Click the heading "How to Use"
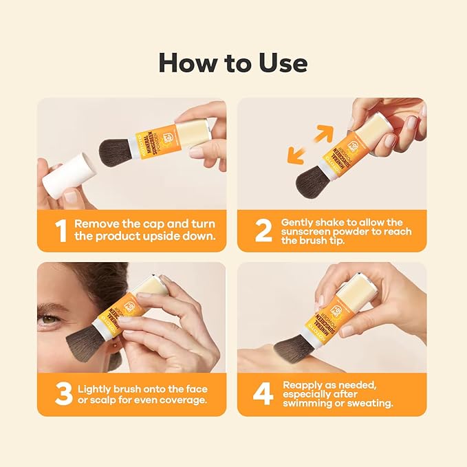(x=233, y=63)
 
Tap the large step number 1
(x=61, y=231)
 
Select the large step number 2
(x=263, y=231)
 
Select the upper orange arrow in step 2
(x=325, y=133)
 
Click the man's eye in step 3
(x=48, y=318)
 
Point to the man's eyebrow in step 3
(x=48, y=305)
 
